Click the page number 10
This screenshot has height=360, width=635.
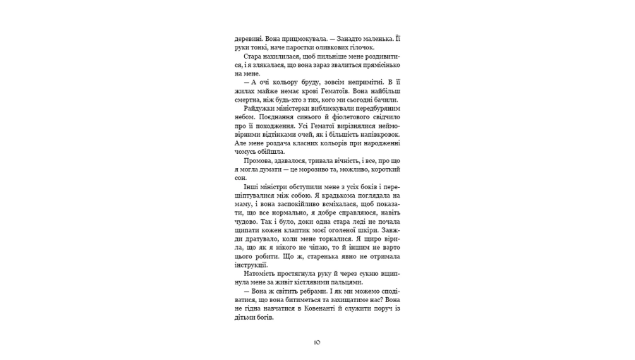(x=317, y=342)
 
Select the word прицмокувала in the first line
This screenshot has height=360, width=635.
(x=296, y=38)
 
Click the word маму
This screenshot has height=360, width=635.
(x=244, y=205)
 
